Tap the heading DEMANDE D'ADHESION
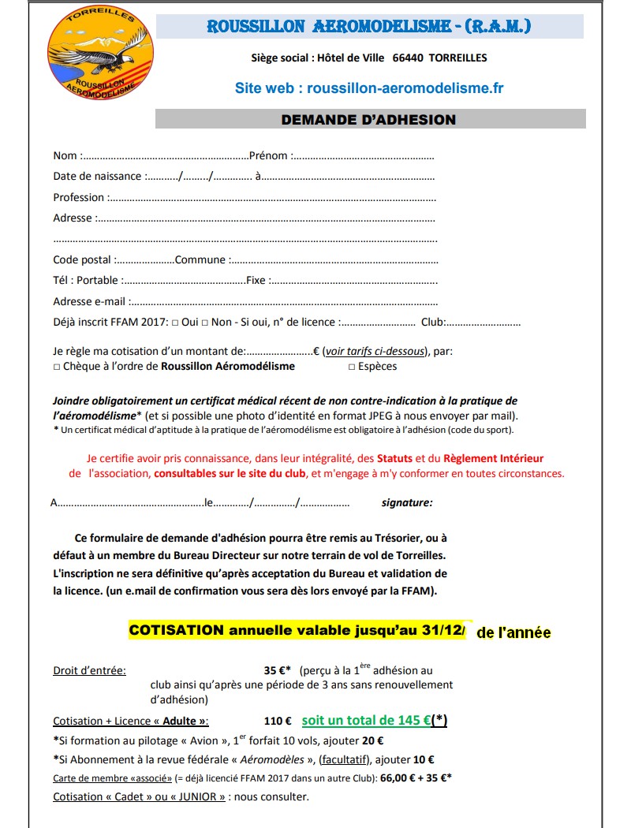(369, 120)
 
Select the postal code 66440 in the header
(409, 58)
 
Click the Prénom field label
(268, 155)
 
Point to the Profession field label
(78, 197)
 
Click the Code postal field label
(82, 259)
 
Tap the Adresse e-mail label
(89, 301)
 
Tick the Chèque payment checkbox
(57, 367)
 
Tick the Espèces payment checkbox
(352, 367)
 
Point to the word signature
(406, 502)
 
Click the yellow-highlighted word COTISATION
(177, 631)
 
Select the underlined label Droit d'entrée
(88, 670)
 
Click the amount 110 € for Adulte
(278, 721)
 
